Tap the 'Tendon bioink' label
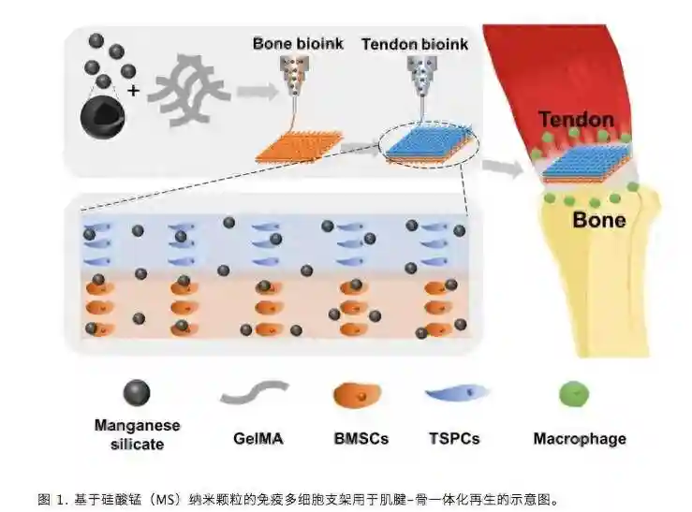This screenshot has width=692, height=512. tap(414, 44)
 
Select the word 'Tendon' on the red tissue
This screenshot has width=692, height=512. tap(576, 121)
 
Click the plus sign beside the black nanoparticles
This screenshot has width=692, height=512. tap(133, 91)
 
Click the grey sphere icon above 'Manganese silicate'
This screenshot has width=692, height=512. tap(137, 393)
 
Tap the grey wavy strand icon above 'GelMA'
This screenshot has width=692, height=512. tap(255, 391)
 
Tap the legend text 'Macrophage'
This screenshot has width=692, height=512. tap(579, 438)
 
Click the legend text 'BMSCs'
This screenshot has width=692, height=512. tap(361, 438)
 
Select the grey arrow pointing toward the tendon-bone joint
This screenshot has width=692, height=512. tap(504, 167)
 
